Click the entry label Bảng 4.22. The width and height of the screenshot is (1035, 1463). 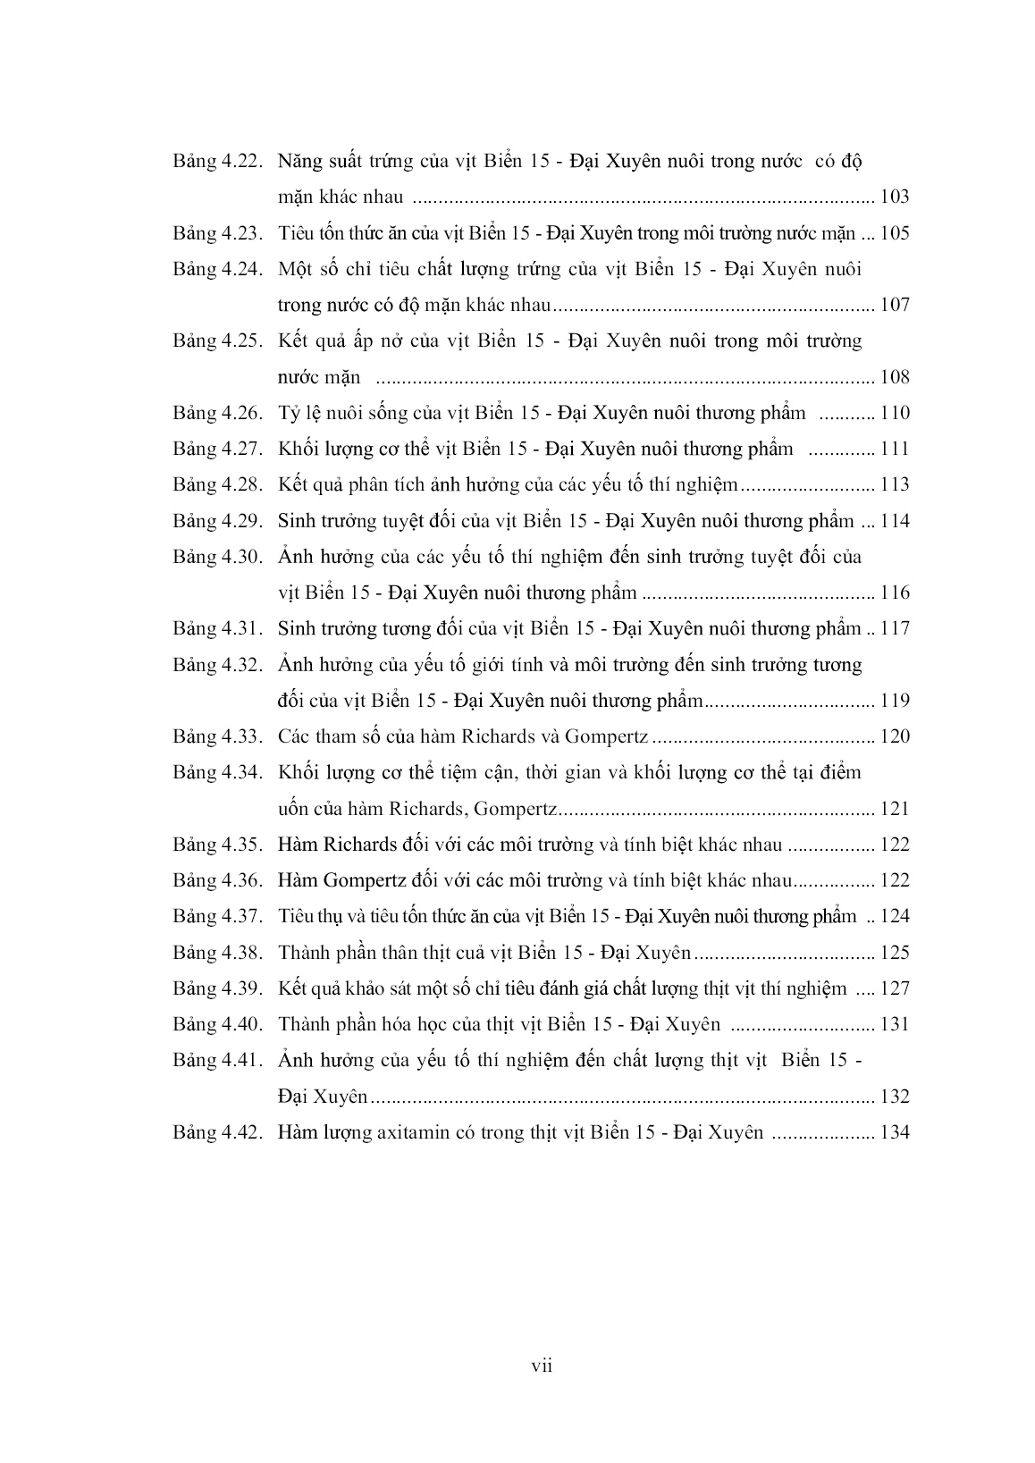(x=216, y=162)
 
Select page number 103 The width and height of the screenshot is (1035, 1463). (x=895, y=198)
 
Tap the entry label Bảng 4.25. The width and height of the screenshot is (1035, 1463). (x=216, y=341)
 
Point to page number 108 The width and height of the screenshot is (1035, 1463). (x=895, y=377)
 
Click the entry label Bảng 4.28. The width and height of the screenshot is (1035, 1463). (x=216, y=485)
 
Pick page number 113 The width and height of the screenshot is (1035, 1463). (x=895, y=485)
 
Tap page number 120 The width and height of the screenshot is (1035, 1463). (x=895, y=736)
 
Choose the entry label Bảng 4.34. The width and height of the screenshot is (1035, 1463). (x=216, y=772)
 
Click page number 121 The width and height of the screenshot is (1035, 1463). (x=895, y=809)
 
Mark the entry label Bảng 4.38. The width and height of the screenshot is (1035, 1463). (x=216, y=953)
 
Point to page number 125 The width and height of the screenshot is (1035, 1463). (x=895, y=953)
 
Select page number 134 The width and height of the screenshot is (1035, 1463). (x=895, y=1132)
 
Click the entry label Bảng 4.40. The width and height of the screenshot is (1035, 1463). (x=216, y=1024)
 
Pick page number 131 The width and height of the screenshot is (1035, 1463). (x=895, y=1024)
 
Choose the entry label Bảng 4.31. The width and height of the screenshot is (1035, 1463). (x=216, y=628)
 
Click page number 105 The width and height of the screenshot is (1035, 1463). (x=895, y=233)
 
